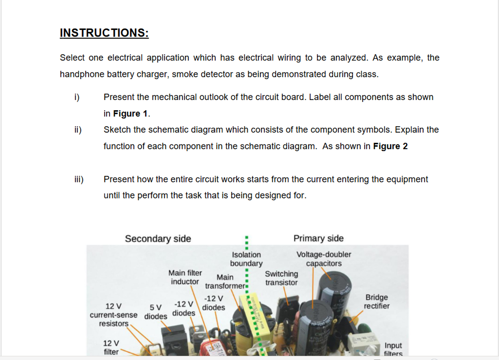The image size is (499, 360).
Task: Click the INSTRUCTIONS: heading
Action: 104,33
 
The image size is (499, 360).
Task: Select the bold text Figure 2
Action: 390,146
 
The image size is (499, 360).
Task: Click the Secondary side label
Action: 158,239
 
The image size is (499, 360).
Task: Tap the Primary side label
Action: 318,238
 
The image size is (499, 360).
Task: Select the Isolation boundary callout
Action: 246,259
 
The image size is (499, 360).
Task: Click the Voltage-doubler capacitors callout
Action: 323,259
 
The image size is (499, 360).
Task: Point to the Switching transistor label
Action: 281,278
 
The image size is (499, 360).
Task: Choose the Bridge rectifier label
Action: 376,302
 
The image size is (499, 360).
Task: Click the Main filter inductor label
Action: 185,277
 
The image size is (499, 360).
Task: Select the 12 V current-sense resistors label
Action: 113,314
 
